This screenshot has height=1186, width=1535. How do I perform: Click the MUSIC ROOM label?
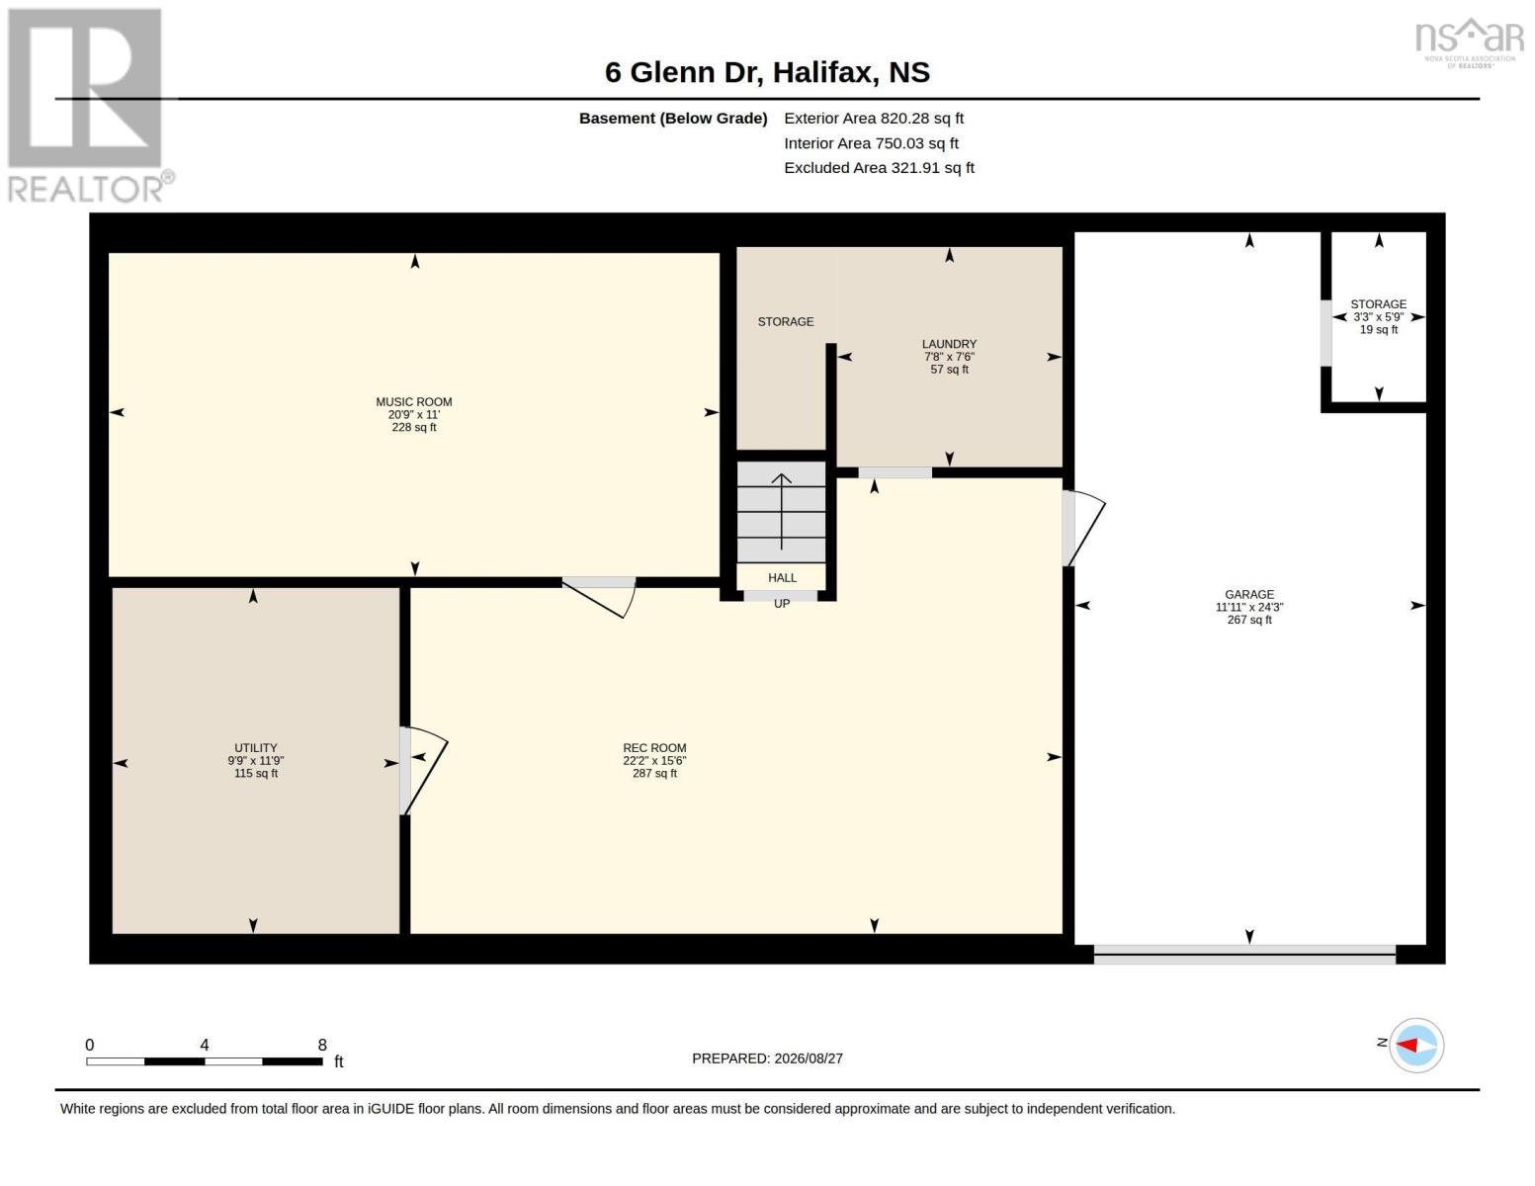tap(414, 402)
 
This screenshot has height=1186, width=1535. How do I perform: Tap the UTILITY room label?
tap(256, 748)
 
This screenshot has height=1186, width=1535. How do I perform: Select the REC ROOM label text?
tap(654, 748)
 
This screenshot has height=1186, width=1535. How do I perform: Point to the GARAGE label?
tap(1249, 595)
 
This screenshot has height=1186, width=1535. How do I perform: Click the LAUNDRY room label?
tap(949, 344)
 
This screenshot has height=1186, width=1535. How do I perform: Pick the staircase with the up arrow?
tap(781, 512)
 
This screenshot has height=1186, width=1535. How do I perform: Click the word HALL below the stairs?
tap(782, 578)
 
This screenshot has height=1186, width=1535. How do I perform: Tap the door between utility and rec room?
tap(422, 770)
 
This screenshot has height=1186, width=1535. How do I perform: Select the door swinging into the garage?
tap(1083, 529)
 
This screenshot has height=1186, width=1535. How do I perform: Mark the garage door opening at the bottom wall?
tap(1244, 955)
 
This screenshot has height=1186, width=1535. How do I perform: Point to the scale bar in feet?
tap(205, 1061)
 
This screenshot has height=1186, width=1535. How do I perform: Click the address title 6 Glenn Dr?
tap(681, 73)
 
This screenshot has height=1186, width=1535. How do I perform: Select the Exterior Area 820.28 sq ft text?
tap(873, 119)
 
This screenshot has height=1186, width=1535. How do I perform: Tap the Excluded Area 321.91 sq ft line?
tap(879, 168)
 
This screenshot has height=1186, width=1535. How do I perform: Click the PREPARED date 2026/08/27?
tap(767, 1059)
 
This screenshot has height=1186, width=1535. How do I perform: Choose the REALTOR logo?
tap(90, 106)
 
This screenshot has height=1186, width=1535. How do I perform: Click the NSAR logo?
tap(1469, 42)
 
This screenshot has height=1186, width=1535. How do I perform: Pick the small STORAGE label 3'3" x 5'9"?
tap(1378, 317)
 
